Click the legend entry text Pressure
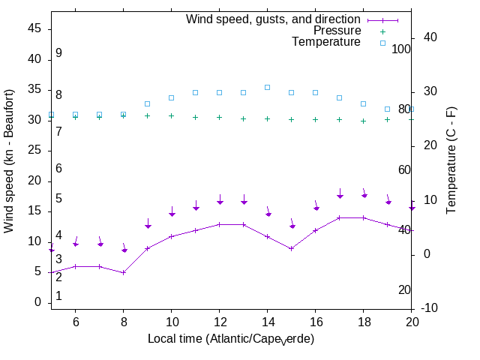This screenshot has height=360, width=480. click(x=337, y=31)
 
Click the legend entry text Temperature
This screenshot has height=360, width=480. click(x=326, y=42)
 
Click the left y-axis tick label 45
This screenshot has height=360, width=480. click(x=34, y=28)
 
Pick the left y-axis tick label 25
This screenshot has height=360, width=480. click(x=34, y=150)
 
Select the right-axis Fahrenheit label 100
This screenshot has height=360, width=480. click(x=402, y=49)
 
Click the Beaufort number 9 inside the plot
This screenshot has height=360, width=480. click(x=58, y=53)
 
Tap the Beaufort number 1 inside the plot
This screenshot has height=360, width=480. click(x=58, y=296)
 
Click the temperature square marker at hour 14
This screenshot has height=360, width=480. click(x=267, y=87)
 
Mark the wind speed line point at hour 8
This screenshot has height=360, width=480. click(x=123, y=272)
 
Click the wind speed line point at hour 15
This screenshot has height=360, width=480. click(x=291, y=248)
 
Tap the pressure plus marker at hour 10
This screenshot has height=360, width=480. click(x=171, y=115)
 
